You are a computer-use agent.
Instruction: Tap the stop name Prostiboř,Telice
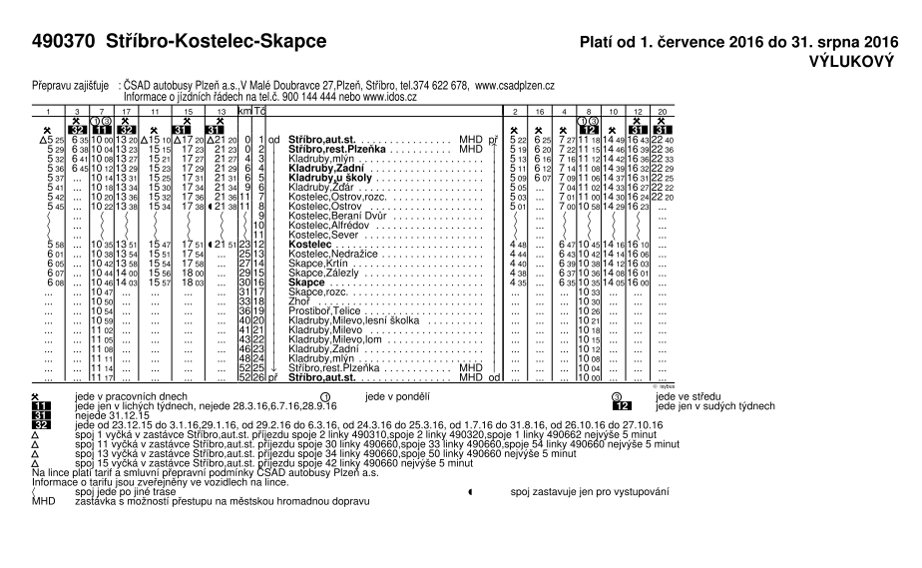click(x=323, y=311)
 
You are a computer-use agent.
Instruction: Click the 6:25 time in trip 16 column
click(x=542, y=140)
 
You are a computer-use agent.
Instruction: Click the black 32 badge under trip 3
click(x=78, y=130)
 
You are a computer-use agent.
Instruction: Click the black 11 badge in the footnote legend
click(x=41, y=407)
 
